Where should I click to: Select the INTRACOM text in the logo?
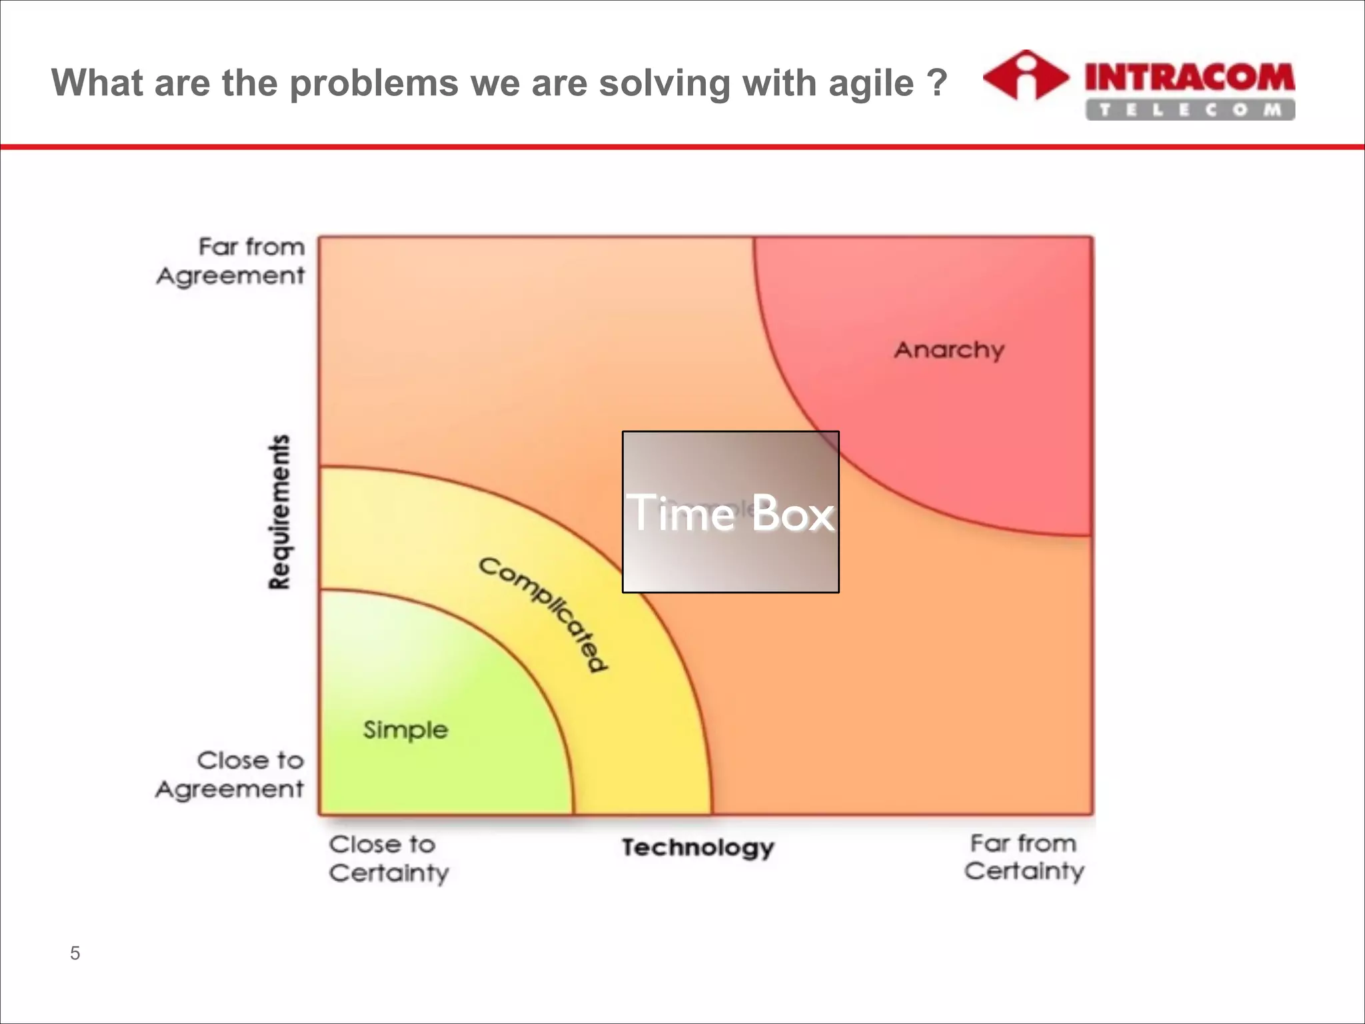tap(1190, 77)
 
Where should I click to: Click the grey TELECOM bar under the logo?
tap(1190, 110)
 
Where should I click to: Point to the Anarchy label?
tap(949, 350)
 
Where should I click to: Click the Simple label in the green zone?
tap(405, 730)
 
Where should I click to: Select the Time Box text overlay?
tap(730, 513)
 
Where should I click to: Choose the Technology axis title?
tap(698, 847)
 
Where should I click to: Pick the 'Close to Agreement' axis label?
tap(231, 775)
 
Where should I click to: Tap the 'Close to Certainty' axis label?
tap(389, 859)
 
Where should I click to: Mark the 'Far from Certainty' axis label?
tap(1024, 857)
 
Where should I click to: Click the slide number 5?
tap(75, 953)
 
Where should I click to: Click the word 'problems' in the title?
tap(374, 84)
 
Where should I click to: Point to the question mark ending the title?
tap(936, 83)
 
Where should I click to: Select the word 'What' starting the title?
tap(97, 83)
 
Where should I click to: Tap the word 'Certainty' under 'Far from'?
tap(1024, 871)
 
